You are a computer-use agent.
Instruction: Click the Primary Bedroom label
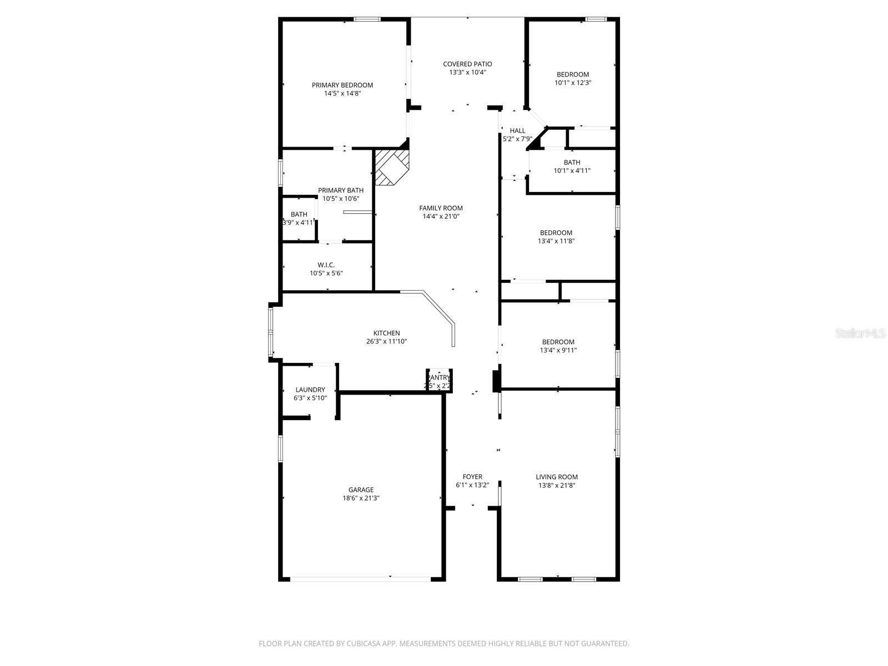342,85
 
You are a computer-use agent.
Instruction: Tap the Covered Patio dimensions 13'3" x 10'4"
467,73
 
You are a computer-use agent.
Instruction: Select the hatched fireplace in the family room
392,167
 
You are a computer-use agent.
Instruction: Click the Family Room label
441,208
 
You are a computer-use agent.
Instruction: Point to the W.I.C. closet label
326,265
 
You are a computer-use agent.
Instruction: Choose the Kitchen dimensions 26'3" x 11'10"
386,342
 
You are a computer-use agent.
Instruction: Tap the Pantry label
438,377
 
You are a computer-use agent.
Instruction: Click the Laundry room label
310,390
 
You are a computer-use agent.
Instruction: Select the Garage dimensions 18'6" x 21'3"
361,498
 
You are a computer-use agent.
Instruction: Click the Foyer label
472,476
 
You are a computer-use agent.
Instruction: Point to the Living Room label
557,476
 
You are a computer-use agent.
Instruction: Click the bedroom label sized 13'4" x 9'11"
558,342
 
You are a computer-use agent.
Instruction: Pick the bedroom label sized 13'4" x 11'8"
556,233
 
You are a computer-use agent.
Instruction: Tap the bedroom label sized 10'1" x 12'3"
573,74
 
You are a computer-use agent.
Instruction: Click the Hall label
517,130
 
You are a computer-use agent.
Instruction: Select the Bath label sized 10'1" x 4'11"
572,162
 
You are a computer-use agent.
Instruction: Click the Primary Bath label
341,190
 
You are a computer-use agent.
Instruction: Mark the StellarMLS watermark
861,334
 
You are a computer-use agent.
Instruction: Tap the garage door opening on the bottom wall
360,579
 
